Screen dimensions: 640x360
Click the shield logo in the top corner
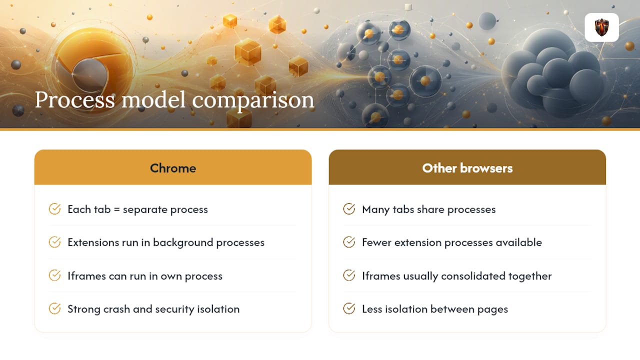tap(601, 27)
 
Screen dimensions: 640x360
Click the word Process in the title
tap(75, 99)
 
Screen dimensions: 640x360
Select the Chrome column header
tap(173, 168)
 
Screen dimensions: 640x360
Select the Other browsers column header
tap(467, 168)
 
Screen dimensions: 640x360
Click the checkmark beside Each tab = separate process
tap(54, 209)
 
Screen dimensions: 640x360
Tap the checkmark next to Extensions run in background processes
tap(54, 242)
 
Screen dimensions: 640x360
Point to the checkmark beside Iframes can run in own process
tap(54, 275)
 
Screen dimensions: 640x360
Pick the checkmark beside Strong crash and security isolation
tap(54, 308)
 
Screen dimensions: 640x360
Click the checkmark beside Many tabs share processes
tap(349, 209)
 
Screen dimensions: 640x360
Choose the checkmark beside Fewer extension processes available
tap(349, 242)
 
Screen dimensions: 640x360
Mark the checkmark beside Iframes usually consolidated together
tap(349, 275)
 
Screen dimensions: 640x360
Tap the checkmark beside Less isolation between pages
tap(349, 308)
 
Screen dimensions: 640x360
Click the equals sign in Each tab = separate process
tap(116, 209)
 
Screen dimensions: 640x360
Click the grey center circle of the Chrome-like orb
tap(89, 75)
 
